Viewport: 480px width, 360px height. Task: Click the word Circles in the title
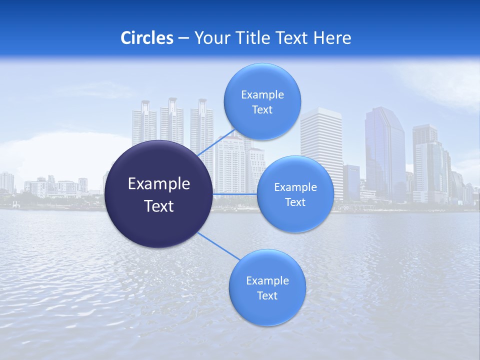click(147, 38)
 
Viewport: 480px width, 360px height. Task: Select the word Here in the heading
click(332, 38)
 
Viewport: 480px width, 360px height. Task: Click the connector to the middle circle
click(235, 194)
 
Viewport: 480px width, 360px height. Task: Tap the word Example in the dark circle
click(159, 184)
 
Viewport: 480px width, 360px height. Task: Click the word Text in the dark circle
click(159, 206)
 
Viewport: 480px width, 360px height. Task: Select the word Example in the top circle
click(262, 95)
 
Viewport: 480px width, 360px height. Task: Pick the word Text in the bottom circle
click(267, 296)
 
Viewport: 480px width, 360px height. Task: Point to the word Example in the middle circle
click(295, 187)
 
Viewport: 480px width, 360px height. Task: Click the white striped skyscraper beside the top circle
click(321, 145)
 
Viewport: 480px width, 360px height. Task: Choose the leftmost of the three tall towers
click(144, 122)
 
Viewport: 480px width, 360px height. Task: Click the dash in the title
click(183, 38)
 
